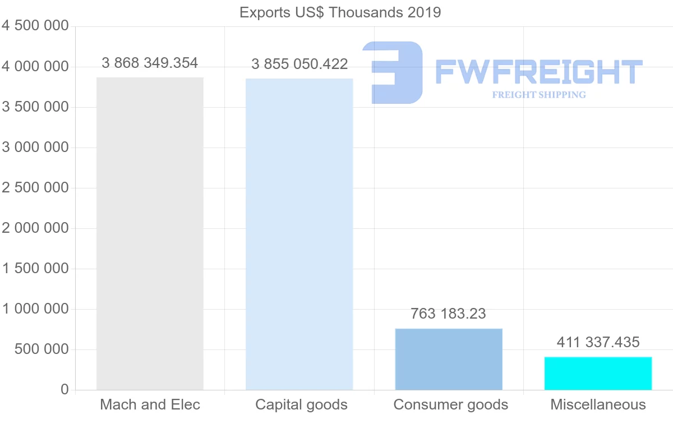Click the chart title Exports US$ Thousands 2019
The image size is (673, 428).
[x=340, y=12]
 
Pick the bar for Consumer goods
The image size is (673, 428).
[x=449, y=359]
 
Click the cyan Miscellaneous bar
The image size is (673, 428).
[x=598, y=373]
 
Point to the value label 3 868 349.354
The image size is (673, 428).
[x=150, y=63]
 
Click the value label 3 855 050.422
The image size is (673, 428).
[x=299, y=65]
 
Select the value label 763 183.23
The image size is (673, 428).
[x=448, y=314]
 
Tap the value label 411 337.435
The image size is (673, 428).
[x=598, y=342]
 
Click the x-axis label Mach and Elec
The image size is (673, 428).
[x=150, y=404]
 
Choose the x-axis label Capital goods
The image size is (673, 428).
[x=301, y=404]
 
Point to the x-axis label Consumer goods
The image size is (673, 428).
[x=450, y=404]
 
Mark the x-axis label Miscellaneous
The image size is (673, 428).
[x=598, y=404]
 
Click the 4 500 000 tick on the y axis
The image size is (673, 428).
[x=35, y=26]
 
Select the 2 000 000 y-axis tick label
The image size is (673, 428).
[x=35, y=228]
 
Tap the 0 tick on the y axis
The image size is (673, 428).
[x=64, y=390]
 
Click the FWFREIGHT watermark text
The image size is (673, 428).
[x=538, y=72]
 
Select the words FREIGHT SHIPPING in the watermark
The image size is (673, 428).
[x=538, y=95]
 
